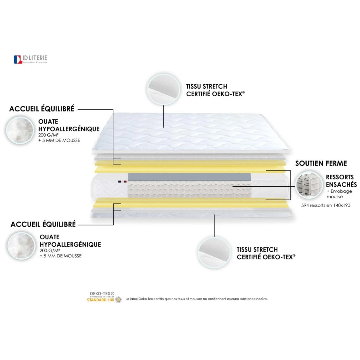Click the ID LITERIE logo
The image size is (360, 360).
[x=30, y=59]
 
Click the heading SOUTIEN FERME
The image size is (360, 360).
[x=321, y=163]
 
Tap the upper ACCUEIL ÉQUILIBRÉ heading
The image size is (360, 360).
[x=42, y=109]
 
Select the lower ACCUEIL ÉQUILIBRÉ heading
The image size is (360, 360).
[x=43, y=225]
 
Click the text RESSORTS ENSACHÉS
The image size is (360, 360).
[x=341, y=181]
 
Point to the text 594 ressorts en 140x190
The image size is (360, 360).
[x=326, y=205]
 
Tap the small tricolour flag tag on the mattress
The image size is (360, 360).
[x=122, y=182]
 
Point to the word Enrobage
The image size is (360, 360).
[x=341, y=191]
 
